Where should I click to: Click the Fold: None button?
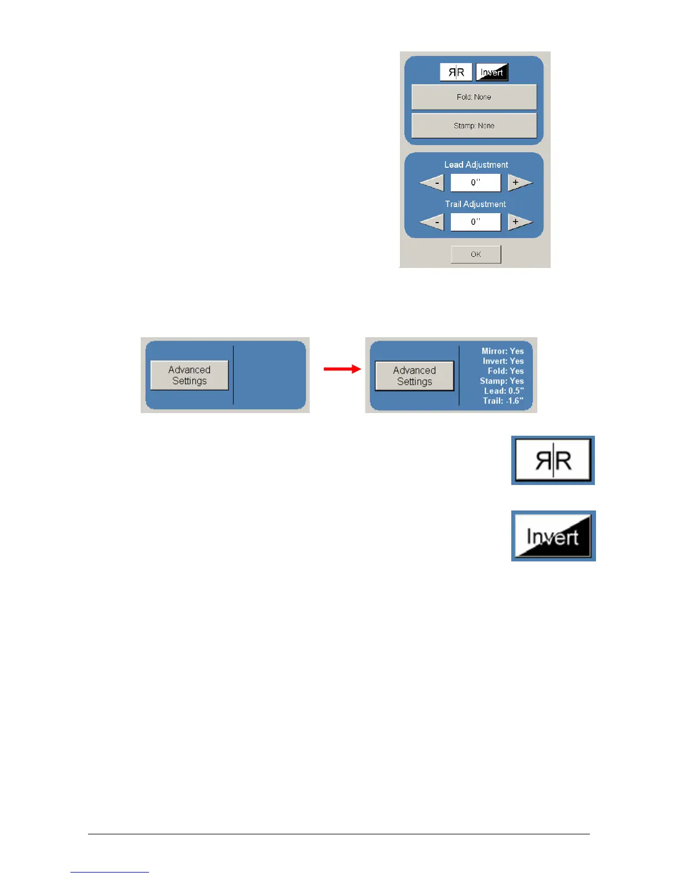[x=474, y=97]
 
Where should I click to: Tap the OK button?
[x=476, y=254]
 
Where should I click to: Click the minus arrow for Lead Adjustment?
[x=433, y=182]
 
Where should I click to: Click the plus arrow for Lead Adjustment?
[x=519, y=182]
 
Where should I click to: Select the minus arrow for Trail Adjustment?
[x=433, y=222]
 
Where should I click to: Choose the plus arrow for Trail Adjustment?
[x=519, y=222]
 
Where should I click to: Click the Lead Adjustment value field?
[x=475, y=182]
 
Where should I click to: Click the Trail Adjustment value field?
[x=475, y=222]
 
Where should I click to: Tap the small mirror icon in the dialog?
[x=456, y=72]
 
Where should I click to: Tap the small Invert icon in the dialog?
[x=492, y=72]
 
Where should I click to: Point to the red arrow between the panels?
[x=342, y=369]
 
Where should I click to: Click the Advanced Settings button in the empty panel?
[x=189, y=375]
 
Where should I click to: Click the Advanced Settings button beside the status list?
[x=414, y=376]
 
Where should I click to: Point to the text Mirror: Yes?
[x=502, y=351]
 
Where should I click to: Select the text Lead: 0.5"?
[x=504, y=391]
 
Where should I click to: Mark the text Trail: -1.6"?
[x=502, y=401]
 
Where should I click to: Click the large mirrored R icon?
[x=553, y=460]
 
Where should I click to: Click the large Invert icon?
[x=553, y=536]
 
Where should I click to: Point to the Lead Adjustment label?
[x=476, y=164]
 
